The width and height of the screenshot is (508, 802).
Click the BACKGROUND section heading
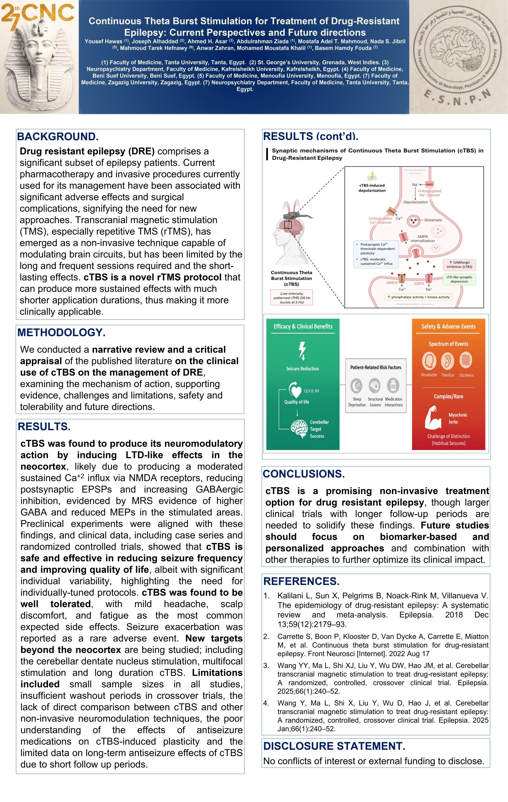(58, 137)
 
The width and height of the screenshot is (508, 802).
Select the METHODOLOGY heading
(61, 332)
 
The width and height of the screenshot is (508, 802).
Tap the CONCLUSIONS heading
(304, 474)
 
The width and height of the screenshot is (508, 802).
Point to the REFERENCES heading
(301, 581)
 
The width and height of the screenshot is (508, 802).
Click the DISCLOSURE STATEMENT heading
(334, 746)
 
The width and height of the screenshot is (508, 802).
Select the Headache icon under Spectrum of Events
(429, 361)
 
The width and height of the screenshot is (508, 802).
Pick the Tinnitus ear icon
(447, 361)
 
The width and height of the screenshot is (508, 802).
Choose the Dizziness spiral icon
(466, 360)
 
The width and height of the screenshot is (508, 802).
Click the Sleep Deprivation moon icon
(357, 386)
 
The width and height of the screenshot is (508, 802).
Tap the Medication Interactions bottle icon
(393, 386)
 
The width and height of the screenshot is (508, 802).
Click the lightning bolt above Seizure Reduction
(302, 351)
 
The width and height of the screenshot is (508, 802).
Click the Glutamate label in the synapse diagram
(433, 220)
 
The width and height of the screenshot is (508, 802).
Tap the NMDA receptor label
(392, 283)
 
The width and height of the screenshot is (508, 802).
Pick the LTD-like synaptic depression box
(459, 279)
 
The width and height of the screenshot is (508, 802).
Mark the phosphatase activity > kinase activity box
(418, 297)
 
